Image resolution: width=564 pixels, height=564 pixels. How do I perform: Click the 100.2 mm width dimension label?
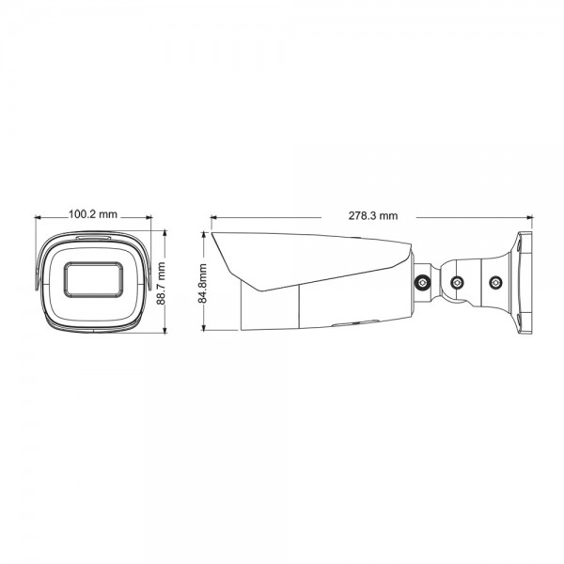(x=93, y=214)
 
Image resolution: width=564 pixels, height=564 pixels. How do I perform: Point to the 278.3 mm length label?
(x=372, y=215)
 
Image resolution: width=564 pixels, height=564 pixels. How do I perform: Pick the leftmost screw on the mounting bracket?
(x=424, y=281)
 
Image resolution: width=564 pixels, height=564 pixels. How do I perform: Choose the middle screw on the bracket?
(x=457, y=282)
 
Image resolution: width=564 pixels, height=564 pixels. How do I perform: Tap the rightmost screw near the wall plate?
(x=495, y=279)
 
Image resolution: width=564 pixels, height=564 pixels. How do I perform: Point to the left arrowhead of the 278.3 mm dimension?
(x=213, y=215)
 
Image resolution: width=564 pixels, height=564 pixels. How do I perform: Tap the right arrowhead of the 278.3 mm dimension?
(x=529, y=215)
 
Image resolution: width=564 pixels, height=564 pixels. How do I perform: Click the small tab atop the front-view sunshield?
(x=94, y=236)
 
